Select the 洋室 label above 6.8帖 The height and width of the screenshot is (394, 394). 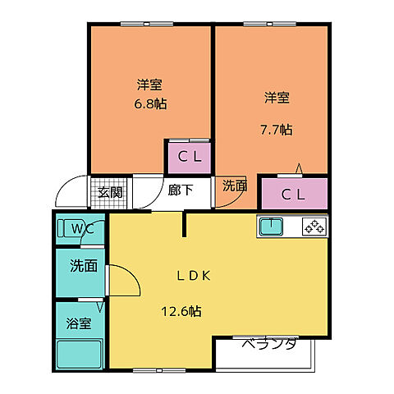pyautogui.click(x=149, y=84)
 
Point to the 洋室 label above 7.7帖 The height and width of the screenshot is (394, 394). pyautogui.click(x=277, y=98)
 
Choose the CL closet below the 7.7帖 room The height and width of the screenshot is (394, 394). pyautogui.click(x=294, y=195)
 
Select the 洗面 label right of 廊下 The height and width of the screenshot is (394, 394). pyautogui.click(x=235, y=186)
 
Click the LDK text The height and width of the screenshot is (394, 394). pyautogui.click(x=195, y=276)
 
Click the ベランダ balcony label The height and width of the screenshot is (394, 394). pyautogui.click(x=268, y=344)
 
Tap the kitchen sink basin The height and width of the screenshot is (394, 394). pyautogui.click(x=271, y=226)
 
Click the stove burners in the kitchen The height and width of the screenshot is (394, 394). pyautogui.click(x=314, y=226)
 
